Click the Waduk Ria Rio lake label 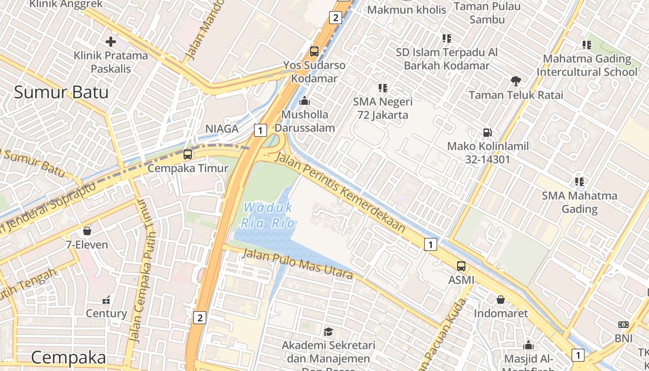[268, 215]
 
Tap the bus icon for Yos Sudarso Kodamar [314, 51]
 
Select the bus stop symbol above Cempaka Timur [188, 154]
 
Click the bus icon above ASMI [461, 266]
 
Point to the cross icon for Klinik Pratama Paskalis [111, 42]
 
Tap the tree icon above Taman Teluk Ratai [515, 81]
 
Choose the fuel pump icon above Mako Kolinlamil [487, 133]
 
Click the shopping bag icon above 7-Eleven [87, 230]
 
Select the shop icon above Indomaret [501, 300]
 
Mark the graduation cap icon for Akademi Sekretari [328, 332]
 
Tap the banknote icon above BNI [624, 325]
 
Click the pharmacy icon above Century [106, 300]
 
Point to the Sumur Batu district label [61, 92]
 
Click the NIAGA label [222, 128]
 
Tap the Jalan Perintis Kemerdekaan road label [340, 193]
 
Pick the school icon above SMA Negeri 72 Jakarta [382, 88]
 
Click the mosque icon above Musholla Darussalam [305, 100]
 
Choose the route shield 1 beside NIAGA [261, 130]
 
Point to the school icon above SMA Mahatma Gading [579, 181]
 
